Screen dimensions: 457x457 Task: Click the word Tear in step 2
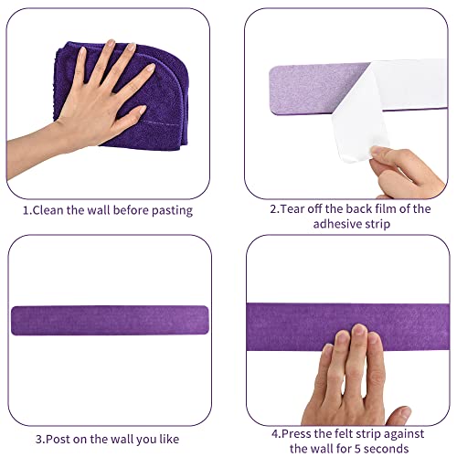(x=292, y=208)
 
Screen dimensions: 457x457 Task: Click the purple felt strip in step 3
(x=114, y=321)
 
